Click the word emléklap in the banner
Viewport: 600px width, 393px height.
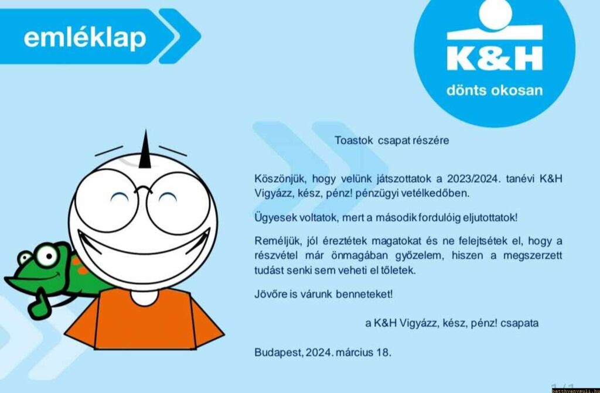[85, 38]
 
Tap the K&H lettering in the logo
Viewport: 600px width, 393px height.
[495, 58]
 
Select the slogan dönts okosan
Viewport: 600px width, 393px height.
[495, 90]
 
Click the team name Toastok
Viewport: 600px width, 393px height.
[353, 141]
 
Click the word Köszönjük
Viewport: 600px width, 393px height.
[280, 179]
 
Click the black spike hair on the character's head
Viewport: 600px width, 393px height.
[145, 151]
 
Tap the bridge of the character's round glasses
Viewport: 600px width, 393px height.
[143, 189]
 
